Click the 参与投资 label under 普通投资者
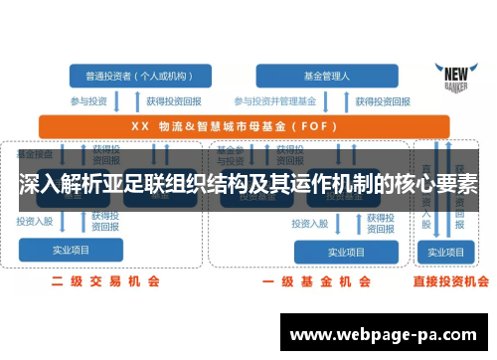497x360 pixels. pos(87,100)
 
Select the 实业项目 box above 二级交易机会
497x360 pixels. pos(72,251)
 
